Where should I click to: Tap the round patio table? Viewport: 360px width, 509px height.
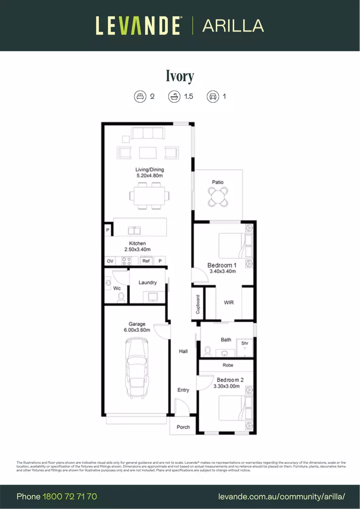click(218, 196)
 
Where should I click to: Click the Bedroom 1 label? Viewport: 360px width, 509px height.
click(222, 265)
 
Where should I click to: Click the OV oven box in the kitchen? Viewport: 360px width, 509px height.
click(110, 261)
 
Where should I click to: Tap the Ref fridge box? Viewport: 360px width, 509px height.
click(146, 261)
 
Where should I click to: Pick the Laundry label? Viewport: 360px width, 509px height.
click(147, 282)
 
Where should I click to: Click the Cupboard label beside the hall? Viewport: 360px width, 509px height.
click(198, 304)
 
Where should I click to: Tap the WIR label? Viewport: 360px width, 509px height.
click(229, 303)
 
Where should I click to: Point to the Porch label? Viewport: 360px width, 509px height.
click(183, 427)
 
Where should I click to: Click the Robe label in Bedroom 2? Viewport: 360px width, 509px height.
click(228, 365)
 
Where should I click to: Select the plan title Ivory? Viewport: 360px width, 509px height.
click(180, 76)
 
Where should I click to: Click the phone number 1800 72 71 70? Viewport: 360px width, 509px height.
click(70, 496)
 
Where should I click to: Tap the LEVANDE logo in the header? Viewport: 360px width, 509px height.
click(138, 25)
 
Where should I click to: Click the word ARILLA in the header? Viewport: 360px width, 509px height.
click(233, 25)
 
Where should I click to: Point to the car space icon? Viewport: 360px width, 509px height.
click(213, 97)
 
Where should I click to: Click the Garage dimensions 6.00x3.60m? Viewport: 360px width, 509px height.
click(137, 330)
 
